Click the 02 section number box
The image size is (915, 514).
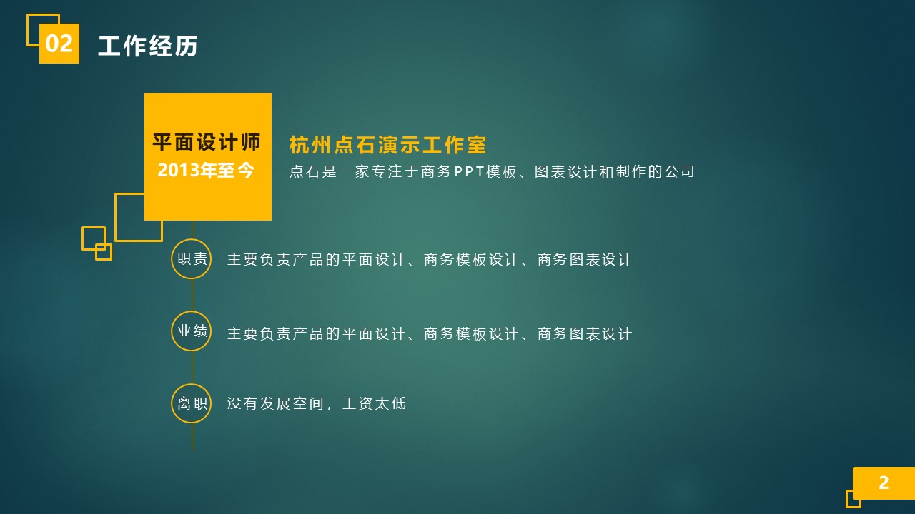[x=59, y=44]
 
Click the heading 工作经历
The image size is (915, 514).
[x=147, y=46]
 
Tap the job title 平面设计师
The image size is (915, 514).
[x=207, y=142]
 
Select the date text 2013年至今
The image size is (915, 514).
[x=206, y=171]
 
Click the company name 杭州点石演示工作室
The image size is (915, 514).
[x=387, y=146]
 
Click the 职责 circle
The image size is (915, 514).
[x=192, y=259]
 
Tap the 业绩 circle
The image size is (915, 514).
[x=192, y=331]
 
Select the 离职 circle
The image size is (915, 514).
[x=192, y=403]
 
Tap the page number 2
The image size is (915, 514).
[x=884, y=483]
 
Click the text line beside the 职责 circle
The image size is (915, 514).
[x=429, y=260]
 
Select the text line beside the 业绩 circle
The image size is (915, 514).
[x=429, y=334]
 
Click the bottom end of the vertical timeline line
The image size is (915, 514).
[x=192, y=449]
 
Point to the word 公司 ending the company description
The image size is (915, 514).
[x=678, y=172]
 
